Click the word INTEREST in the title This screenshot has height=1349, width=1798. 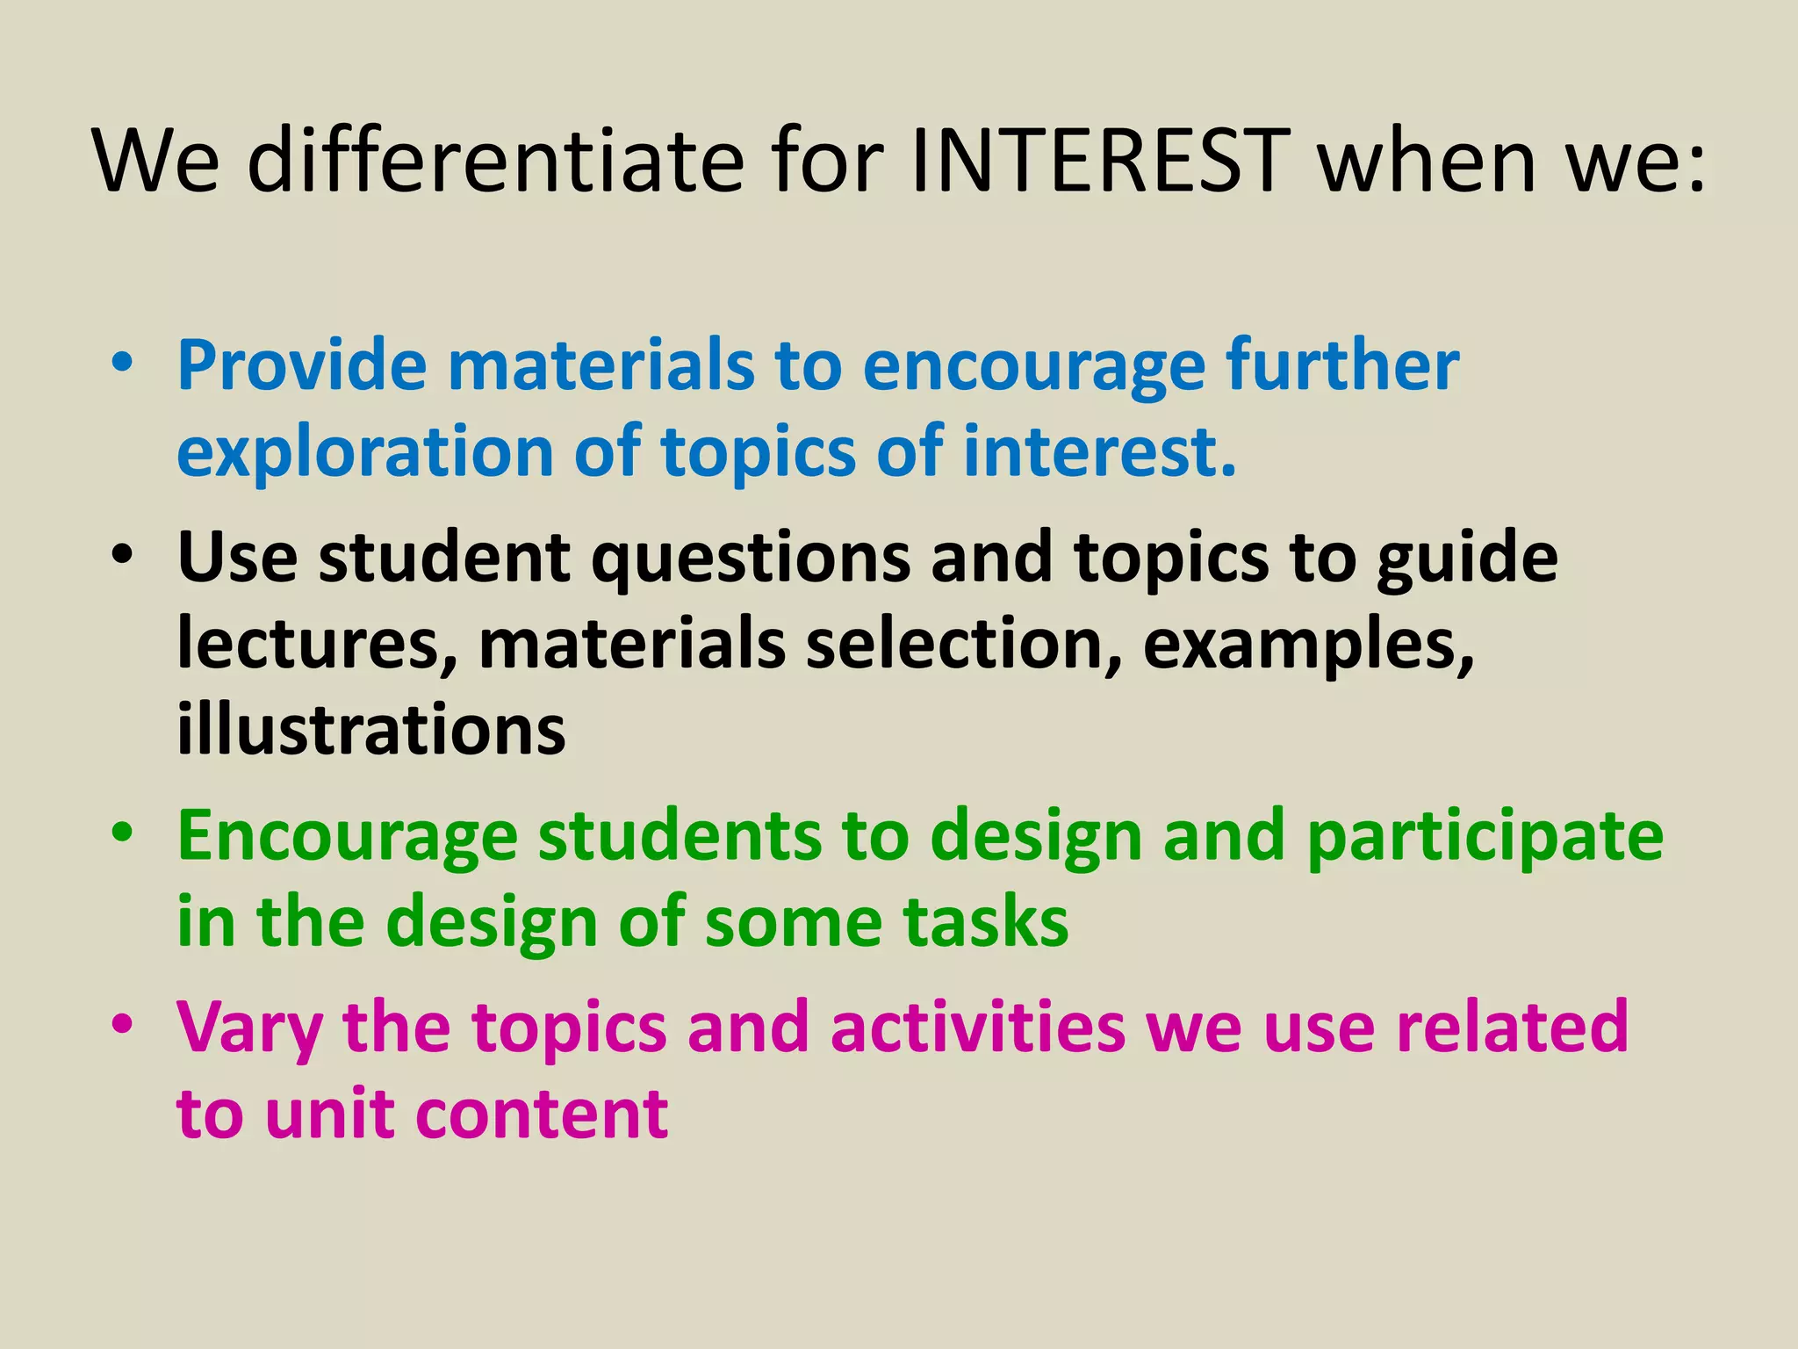[1101, 162]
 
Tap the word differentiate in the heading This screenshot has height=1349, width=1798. [495, 162]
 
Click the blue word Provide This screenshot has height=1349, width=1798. [301, 365]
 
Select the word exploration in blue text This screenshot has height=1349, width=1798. [364, 451]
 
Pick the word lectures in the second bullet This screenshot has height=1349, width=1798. [317, 645]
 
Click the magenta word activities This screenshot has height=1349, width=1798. [976, 1027]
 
